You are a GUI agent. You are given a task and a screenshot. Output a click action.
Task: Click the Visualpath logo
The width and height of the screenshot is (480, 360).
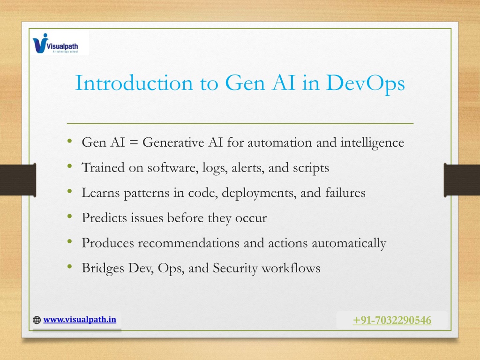(55, 43)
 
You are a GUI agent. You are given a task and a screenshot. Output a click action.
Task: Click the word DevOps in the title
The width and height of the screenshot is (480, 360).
(365, 83)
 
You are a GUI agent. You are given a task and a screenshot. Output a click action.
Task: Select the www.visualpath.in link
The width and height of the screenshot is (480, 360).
(80, 320)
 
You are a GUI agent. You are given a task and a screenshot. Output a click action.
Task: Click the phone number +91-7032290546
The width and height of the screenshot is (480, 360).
(392, 320)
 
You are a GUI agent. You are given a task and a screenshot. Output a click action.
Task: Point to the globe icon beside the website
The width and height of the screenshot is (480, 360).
(37, 320)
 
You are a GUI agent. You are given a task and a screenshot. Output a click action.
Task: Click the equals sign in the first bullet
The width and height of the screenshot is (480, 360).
(134, 142)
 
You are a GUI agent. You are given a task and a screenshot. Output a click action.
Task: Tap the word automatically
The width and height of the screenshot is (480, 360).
(349, 243)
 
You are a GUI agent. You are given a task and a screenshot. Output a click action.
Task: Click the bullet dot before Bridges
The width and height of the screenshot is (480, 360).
(70, 267)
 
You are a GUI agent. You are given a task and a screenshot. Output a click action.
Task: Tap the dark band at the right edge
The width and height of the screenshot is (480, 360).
(462, 180)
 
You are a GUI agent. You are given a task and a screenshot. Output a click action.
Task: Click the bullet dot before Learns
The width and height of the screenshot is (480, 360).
(70, 191)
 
